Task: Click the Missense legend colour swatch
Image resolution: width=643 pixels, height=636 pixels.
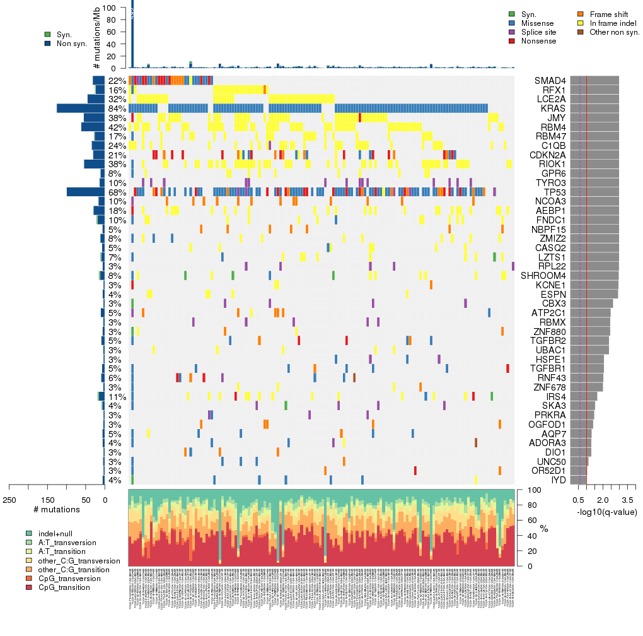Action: point(512,23)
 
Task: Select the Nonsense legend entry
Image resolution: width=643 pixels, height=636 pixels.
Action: point(538,41)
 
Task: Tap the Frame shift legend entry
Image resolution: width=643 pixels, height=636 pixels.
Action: point(609,14)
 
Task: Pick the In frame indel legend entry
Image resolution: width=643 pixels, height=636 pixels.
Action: point(613,23)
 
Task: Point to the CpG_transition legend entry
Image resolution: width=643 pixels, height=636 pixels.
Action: point(64,587)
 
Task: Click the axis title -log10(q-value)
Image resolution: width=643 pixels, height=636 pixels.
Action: point(606,512)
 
